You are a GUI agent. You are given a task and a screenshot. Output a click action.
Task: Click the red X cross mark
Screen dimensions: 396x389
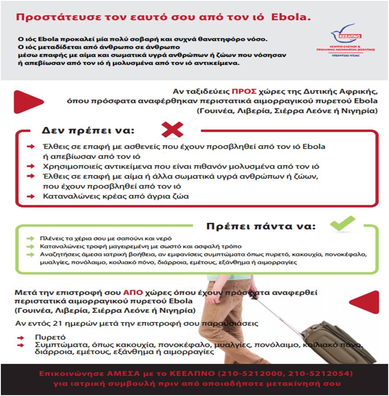[x=172, y=129]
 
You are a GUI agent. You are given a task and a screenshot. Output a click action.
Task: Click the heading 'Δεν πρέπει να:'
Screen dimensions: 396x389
[x=88, y=130]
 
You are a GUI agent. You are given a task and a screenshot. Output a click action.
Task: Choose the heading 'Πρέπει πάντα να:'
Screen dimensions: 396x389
[x=260, y=227]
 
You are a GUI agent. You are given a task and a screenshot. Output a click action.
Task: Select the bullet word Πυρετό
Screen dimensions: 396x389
[x=50, y=337]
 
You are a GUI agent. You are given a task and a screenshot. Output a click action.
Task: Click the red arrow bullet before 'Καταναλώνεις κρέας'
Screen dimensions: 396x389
[x=31, y=196]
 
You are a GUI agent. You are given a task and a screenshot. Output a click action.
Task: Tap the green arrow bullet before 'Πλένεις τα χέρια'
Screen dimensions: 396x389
[x=30, y=239]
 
